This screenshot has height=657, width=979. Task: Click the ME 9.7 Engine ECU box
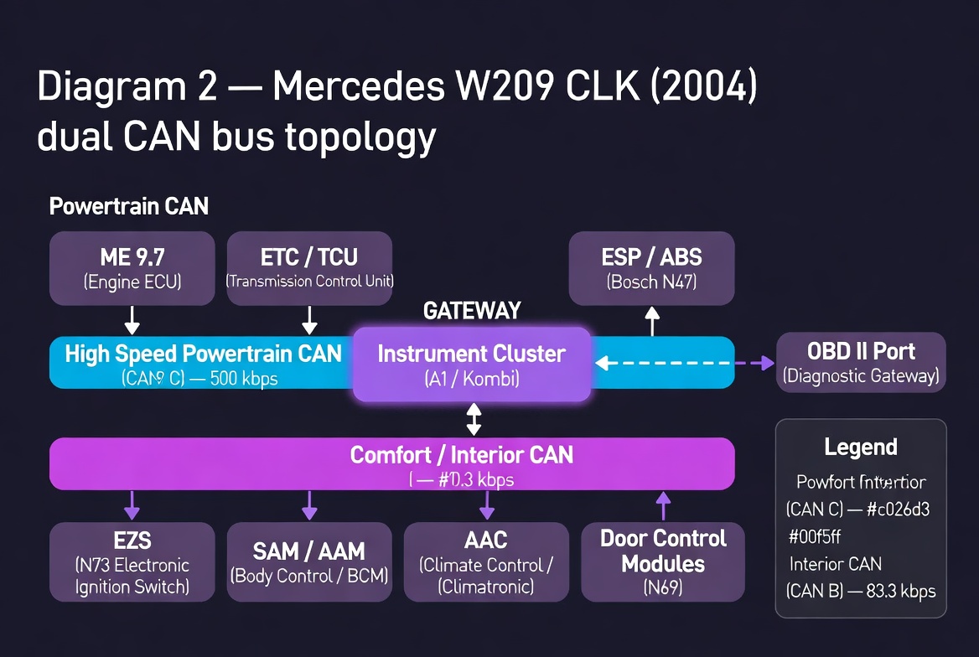pyautogui.click(x=132, y=268)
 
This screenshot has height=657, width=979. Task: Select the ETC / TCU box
pyautogui.click(x=309, y=268)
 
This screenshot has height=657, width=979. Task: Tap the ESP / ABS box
pyautogui.click(x=651, y=268)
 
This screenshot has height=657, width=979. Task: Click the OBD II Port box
pyautogui.click(x=861, y=362)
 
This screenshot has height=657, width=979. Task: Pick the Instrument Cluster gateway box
pyautogui.click(x=472, y=365)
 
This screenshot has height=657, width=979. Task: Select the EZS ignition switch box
pyautogui.click(x=132, y=561)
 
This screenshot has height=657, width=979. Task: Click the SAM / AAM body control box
pyautogui.click(x=309, y=561)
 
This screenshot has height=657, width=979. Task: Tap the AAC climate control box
pyautogui.click(x=486, y=561)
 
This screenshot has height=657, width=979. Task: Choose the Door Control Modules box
pyautogui.click(x=663, y=561)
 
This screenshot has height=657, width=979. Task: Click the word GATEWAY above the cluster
pyautogui.click(x=472, y=311)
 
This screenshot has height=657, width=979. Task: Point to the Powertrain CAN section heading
pyautogui.click(x=128, y=206)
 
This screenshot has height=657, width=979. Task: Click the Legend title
pyautogui.click(x=861, y=447)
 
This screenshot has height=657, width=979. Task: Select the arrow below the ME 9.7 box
pyautogui.click(x=132, y=320)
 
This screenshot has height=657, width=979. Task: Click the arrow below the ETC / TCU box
pyautogui.click(x=309, y=320)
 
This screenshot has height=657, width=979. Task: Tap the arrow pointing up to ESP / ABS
pyautogui.click(x=652, y=320)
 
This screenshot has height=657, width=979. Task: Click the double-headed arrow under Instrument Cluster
pyautogui.click(x=474, y=419)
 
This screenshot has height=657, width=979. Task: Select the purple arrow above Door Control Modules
pyautogui.click(x=663, y=506)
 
